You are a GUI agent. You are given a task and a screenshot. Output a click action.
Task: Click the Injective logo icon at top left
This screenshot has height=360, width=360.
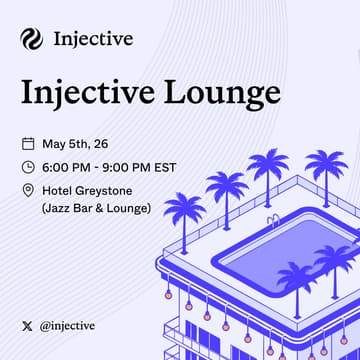[31, 39]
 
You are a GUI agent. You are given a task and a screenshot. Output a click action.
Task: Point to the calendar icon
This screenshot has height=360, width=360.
[27, 144]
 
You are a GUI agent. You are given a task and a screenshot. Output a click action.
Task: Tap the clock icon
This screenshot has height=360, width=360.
[27, 167]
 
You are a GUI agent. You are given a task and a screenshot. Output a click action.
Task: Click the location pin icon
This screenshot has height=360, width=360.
[27, 190]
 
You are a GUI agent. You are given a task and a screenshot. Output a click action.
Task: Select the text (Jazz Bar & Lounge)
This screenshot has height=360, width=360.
[96, 208]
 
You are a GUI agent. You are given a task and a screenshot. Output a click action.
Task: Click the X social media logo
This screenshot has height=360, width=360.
[27, 325]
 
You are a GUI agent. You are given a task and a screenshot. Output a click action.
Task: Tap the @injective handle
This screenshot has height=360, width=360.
[68, 325]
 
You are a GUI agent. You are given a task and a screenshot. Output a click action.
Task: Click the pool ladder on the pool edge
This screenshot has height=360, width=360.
[272, 220]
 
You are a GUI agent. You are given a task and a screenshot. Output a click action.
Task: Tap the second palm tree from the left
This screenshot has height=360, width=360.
[226, 187]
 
